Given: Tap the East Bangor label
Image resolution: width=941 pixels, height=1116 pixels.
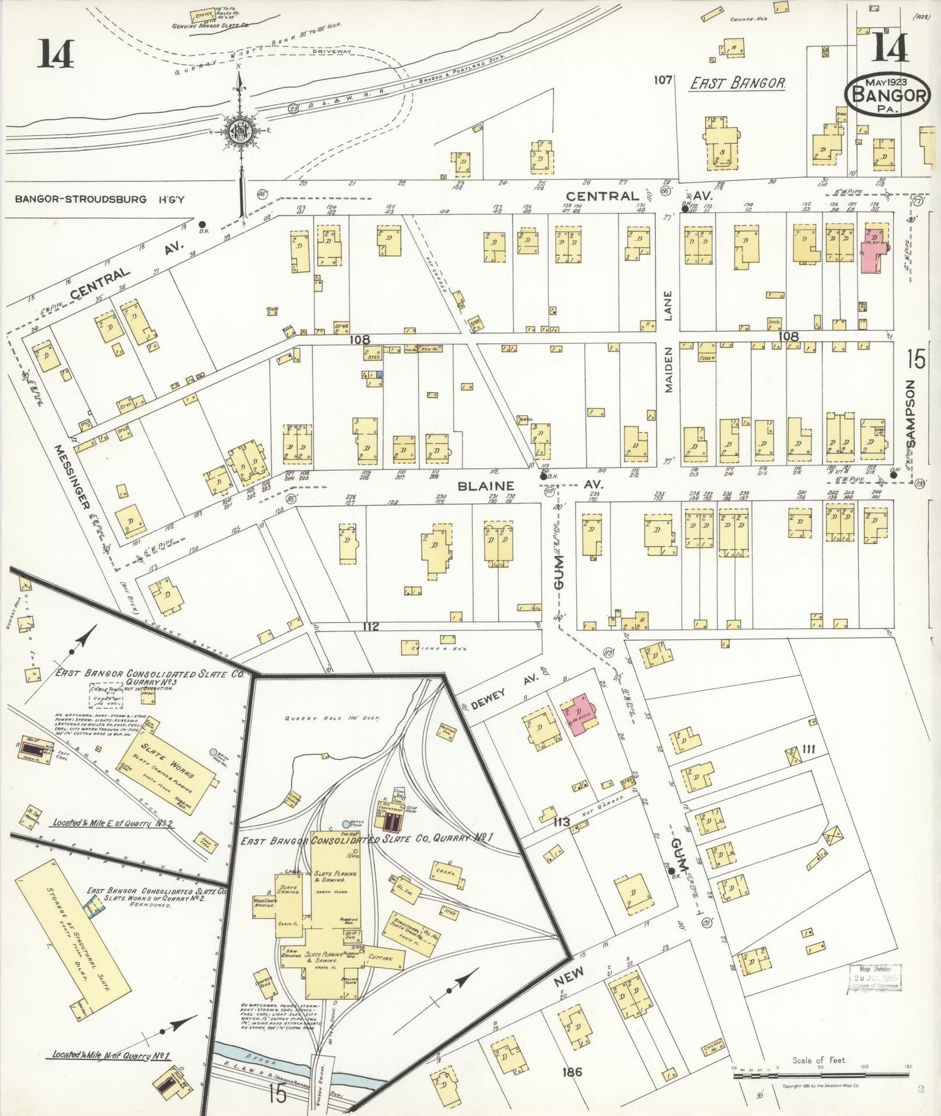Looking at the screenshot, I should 738,83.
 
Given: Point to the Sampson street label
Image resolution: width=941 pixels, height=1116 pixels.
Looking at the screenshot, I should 910,413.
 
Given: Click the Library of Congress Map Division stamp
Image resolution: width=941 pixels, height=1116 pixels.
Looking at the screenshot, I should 875,977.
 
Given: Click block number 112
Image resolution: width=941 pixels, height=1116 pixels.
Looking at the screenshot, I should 371,627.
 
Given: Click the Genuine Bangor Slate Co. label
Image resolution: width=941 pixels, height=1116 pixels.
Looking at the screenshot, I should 211,26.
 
